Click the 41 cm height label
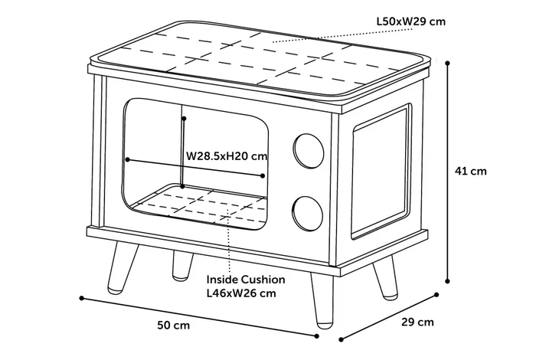click(470, 172)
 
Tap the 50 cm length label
click(174, 325)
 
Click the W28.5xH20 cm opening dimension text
click(227, 156)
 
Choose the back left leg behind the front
click(181, 264)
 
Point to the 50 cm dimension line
click(199, 315)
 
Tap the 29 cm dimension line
click(388, 313)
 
